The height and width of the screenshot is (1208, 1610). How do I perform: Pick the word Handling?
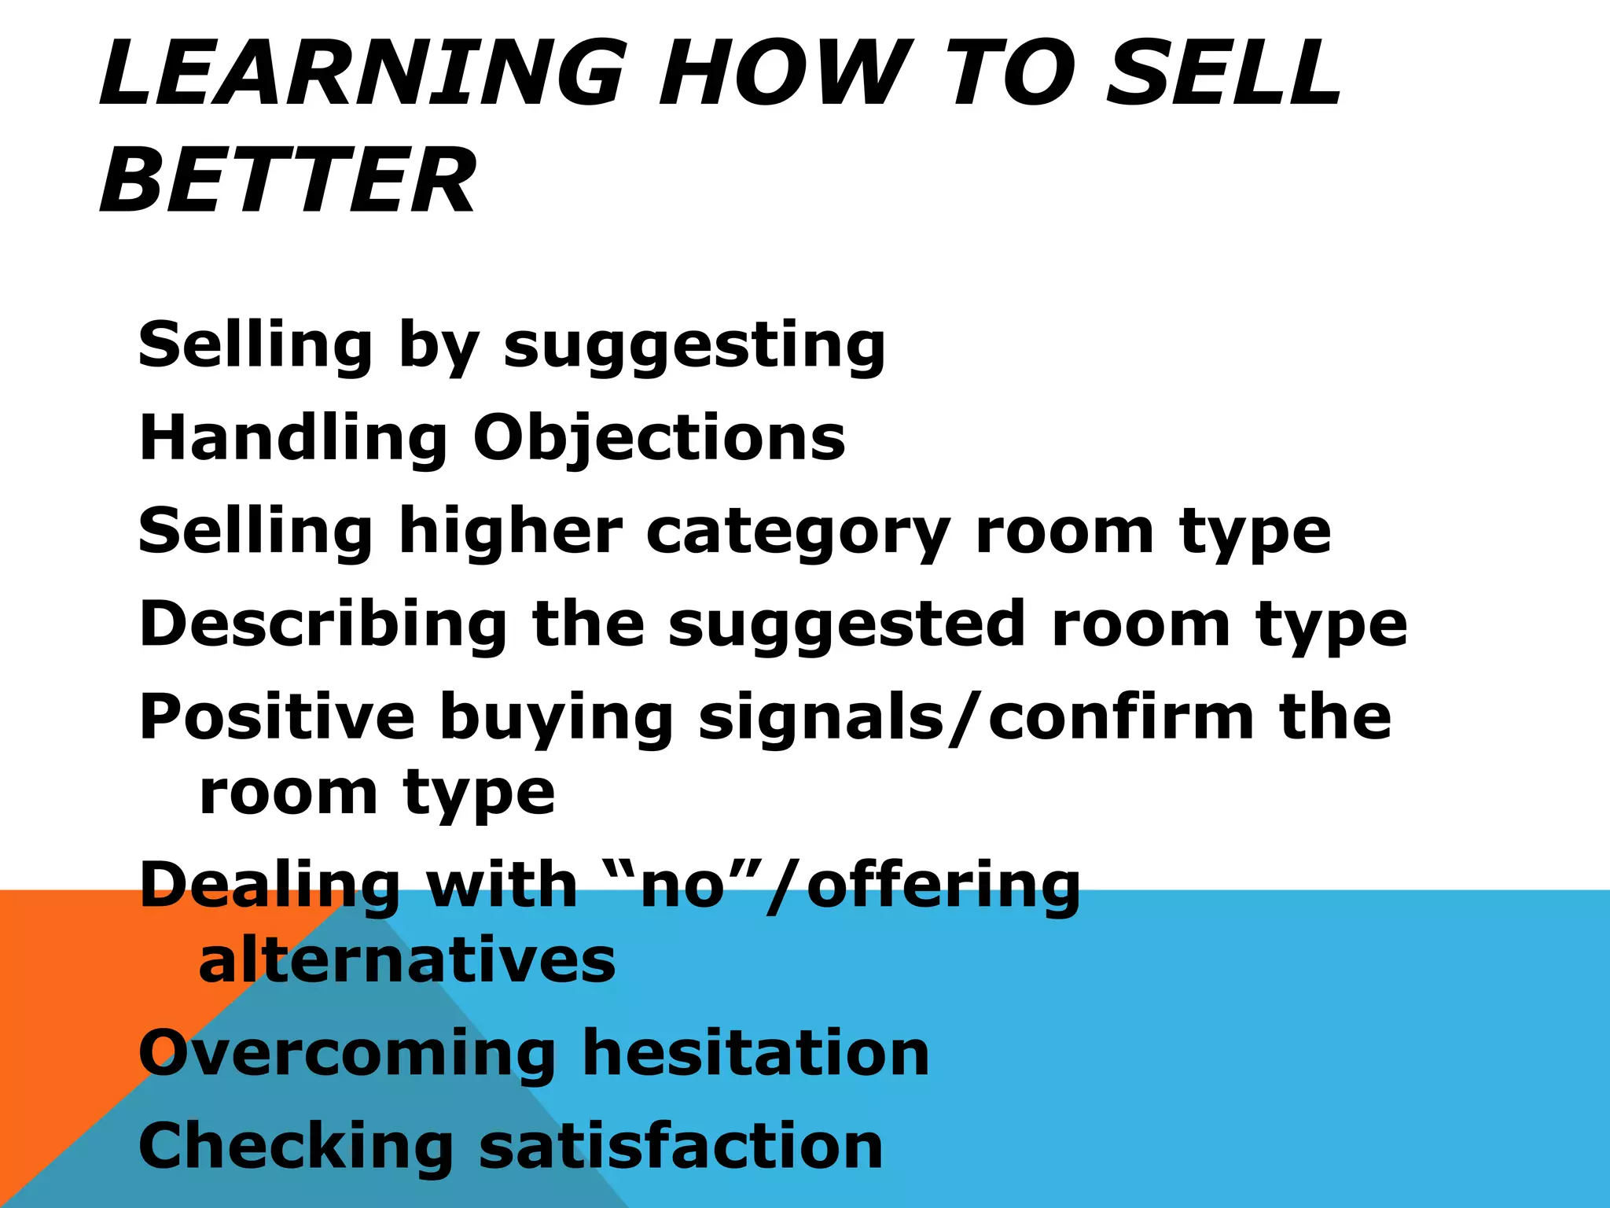pos(293,438)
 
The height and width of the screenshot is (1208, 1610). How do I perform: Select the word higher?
pos(511,531)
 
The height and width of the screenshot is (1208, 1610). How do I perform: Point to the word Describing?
pos(323,624)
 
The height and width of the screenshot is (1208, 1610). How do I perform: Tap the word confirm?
pos(1121,716)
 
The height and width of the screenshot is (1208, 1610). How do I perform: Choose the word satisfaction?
pos(681,1146)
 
